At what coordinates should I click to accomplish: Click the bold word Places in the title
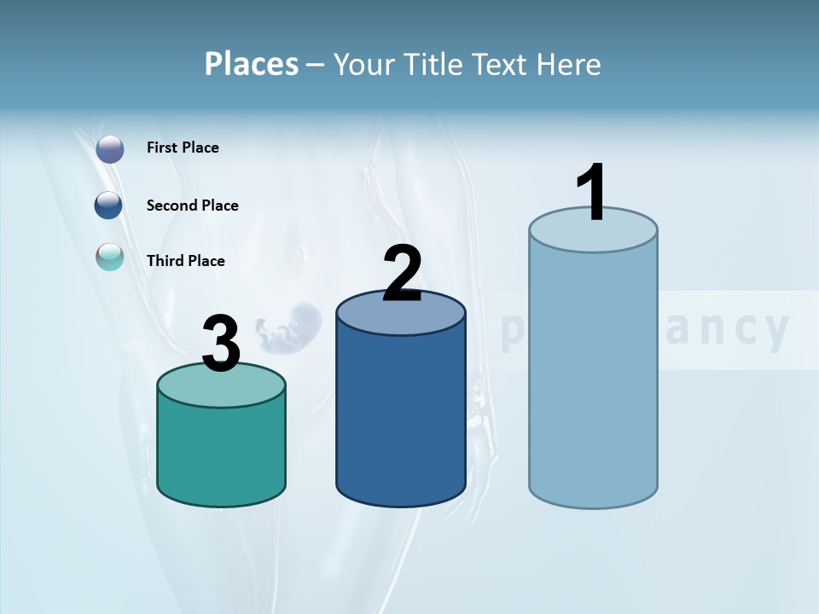[x=252, y=64]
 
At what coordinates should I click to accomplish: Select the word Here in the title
[x=568, y=64]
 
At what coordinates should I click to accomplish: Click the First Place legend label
[x=183, y=148]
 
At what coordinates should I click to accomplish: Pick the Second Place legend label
[x=192, y=206]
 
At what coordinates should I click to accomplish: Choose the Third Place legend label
[x=185, y=261]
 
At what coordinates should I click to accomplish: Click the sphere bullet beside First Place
[x=110, y=149]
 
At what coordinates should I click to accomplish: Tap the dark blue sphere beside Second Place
[x=109, y=205]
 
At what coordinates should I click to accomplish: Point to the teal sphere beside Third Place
[x=110, y=257]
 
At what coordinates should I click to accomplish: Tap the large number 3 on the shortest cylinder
[x=221, y=344]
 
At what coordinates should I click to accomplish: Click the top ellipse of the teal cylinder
[x=221, y=389]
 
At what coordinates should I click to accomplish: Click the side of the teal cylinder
[x=221, y=452]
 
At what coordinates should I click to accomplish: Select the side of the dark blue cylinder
[x=400, y=418]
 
